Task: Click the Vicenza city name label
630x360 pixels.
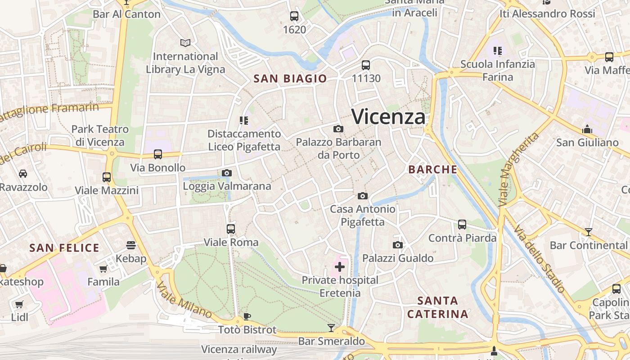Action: coord(388,117)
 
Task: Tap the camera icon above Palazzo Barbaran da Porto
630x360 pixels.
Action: coord(338,129)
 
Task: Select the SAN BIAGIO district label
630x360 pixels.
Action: coord(290,79)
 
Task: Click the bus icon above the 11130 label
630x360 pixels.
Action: coord(366,65)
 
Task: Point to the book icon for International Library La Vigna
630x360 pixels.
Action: coord(185,43)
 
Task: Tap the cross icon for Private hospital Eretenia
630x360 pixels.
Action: coord(340,267)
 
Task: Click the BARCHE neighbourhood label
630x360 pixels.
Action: coord(432,170)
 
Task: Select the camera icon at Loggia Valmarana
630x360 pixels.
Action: coord(227,173)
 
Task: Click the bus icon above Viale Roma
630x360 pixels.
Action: coord(231,229)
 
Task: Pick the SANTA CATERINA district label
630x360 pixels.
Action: coord(438,307)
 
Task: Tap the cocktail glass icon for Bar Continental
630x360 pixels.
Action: coord(589,232)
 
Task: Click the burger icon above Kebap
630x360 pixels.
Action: coord(131,245)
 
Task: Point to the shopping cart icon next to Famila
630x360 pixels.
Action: coord(103,269)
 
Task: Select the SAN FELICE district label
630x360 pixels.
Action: coord(64,248)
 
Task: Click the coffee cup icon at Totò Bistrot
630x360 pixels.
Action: coord(247,316)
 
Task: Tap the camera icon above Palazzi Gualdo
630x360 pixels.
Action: coord(398,245)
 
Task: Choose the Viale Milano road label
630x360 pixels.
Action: coord(184,300)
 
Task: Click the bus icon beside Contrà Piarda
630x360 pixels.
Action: coord(462,225)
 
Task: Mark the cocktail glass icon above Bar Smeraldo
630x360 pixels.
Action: coord(331,328)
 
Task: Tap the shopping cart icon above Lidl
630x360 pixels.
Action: coord(19,304)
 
